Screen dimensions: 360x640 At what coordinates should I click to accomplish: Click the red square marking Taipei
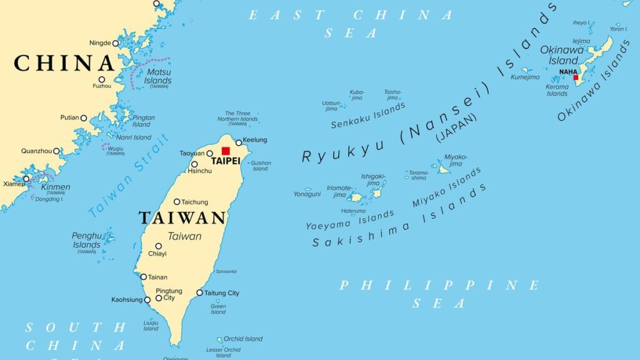pyautogui.click(x=226, y=151)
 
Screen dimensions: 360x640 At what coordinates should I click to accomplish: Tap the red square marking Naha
pyautogui.click(x=576, y=77)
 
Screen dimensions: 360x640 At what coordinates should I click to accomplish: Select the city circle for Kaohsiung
pyautogui.click(x=147, y=300)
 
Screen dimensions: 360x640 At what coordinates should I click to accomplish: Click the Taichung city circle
pyautogui.click(x=177, y=202)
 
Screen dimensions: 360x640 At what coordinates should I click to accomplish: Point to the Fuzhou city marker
pyautogui.click(x=101, y=79)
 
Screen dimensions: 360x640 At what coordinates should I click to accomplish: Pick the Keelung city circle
pyautogui.click(x=239, y=142)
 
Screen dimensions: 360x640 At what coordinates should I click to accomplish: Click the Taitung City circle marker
pyautogui.click(x=199, y=292)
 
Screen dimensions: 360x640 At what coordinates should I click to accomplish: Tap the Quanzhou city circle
pyautogui.click(x=56, y=151)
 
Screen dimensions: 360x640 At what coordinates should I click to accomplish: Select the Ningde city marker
pyautogui.click(x=116, y=43)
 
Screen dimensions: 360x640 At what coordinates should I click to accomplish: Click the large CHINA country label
pyautogui.click(x=64, y=63)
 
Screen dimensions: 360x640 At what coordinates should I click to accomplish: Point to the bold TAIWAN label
pyautogui.click(x=182, y=217)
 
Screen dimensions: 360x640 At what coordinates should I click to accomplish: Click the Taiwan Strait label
pyautogui.click(x=129, y=176)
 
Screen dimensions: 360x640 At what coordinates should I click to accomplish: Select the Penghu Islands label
pyautogui.click(x=86, y=241)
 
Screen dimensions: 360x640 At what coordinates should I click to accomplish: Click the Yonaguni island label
pyautogui.click(x=307, y=194)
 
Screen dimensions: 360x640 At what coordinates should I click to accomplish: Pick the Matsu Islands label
pyautogui.click(x=157, y=76)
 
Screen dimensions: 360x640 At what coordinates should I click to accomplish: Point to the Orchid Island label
pyautogui.click(x=243, y=339)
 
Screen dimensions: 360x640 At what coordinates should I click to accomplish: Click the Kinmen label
pyautogui.click(x=56, y=187)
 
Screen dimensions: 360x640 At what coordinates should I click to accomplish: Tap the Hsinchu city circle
pyautogui.click(x=194, y=164)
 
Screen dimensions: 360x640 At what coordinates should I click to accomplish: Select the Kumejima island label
pyautogui.click(x=525, y=77)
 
